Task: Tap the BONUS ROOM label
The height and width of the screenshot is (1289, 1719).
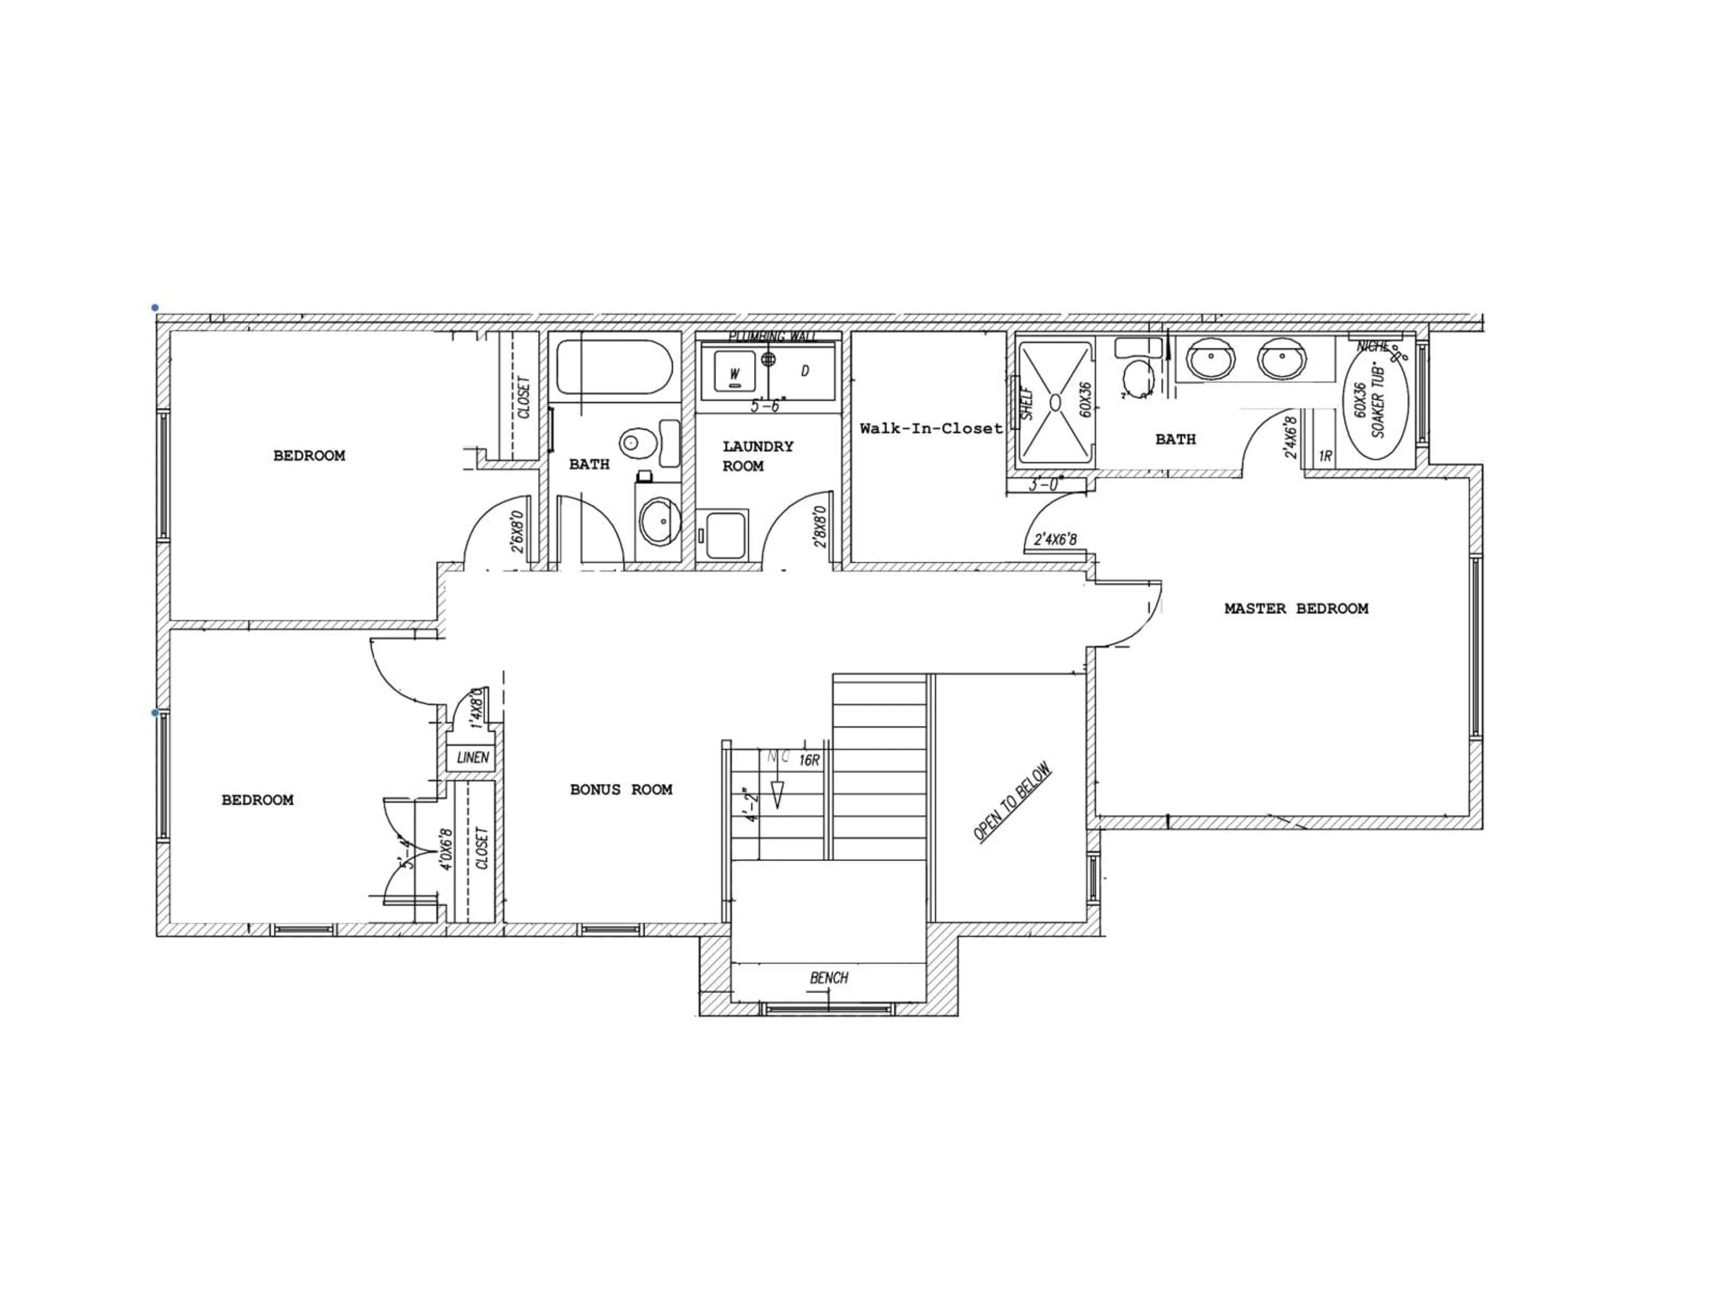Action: click(621, 790)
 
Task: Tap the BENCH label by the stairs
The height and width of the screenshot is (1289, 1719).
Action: click(829, 977)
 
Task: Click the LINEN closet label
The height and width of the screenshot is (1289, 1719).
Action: click(472, 757)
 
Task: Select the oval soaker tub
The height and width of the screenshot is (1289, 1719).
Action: click(1376, 410)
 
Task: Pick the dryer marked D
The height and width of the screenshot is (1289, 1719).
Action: click(804, 371)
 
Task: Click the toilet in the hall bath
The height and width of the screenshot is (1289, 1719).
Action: click(633, 444)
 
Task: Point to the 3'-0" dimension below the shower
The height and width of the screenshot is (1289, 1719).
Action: click(1044, 485)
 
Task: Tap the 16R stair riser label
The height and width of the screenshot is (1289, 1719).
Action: click(809, 760)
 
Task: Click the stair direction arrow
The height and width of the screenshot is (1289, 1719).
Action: click(776, 793)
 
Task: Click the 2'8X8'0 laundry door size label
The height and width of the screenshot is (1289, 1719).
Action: click(820, 528)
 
